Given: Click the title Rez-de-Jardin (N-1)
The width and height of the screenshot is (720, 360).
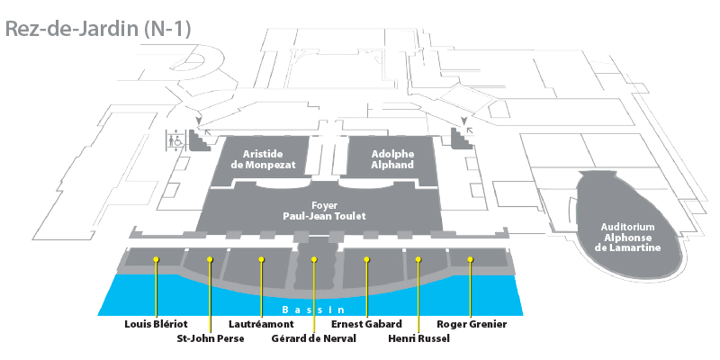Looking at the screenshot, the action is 98,29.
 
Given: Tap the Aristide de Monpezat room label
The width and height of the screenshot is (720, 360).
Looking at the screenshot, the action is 263,159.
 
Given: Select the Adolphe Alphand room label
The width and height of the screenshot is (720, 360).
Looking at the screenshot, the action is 392,159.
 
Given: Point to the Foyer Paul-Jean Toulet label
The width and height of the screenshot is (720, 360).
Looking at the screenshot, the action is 324,211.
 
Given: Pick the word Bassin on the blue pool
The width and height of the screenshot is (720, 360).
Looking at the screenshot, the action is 312,310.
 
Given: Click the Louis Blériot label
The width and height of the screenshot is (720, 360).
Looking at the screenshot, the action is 156,324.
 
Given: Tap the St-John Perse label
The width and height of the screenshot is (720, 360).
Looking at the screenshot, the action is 211,339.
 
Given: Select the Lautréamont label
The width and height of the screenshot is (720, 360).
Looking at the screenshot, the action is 261,324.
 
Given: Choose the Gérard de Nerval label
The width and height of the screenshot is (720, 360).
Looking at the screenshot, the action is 313,339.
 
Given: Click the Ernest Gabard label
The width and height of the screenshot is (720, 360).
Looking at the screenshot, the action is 366,324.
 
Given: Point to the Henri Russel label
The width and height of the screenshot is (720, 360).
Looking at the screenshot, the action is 418,339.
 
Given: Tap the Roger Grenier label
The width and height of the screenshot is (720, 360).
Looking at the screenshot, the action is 472,324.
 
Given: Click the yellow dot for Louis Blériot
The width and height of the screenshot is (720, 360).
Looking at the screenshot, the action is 156,259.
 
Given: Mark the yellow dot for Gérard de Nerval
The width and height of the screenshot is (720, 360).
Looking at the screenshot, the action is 314,259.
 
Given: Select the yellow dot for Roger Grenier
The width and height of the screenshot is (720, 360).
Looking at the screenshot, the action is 470,259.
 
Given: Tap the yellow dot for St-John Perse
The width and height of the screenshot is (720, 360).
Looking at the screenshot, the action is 210,259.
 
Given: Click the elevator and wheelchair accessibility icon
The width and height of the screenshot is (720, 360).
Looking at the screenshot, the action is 175,139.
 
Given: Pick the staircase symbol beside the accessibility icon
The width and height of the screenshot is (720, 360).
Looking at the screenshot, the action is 199,140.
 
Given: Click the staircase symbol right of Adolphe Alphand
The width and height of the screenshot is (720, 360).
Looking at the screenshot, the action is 462,139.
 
